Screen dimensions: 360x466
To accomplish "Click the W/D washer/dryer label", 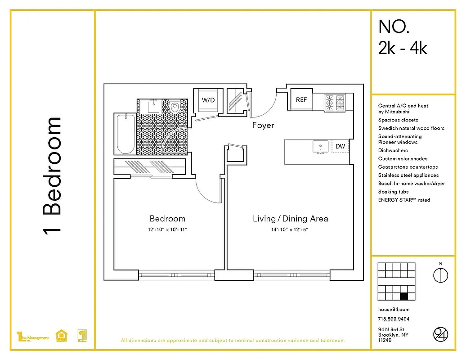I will pos(208,100).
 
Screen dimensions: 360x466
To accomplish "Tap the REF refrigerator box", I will pos(301,100).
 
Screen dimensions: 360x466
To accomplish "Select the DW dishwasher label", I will pos(340,146).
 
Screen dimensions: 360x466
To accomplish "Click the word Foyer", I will pos(263,126).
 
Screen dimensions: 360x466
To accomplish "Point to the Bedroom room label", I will pos(167,219).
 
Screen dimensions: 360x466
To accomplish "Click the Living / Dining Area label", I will pos(290,219).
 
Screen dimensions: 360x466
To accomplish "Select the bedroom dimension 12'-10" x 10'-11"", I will pos(167,229).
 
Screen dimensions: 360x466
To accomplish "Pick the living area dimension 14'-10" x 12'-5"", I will pos(290,229).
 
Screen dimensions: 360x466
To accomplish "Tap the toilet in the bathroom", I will pos(175,107).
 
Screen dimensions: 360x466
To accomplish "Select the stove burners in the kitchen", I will pos(335,103).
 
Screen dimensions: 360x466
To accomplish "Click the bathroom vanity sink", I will pos(154,106).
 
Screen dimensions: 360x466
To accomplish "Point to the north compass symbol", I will pos(440,274).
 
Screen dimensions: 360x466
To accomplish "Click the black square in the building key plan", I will pos(403,296).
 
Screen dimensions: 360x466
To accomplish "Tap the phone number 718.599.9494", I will pos(394,319).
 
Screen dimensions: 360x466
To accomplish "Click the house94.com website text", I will pos(394,309).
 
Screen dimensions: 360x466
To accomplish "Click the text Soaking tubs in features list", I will pos(393,192).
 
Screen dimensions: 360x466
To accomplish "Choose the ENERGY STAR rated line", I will pos(404,200).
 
